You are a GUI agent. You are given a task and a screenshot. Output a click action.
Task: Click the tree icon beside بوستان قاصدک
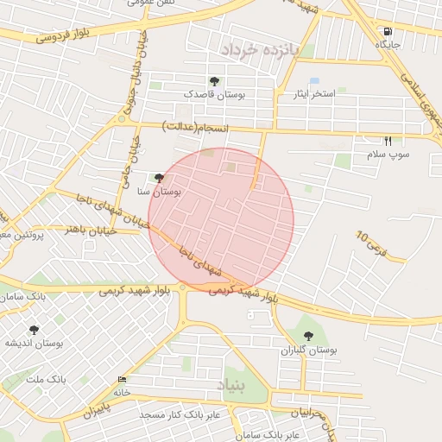coord(214,81)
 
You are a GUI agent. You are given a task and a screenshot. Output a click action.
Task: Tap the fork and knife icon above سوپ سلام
coord(388,141)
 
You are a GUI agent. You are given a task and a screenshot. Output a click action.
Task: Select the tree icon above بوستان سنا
coord(158,178)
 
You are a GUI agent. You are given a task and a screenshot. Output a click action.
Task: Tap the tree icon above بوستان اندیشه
coord(34,329)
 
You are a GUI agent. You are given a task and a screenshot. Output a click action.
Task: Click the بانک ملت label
coord(47,379)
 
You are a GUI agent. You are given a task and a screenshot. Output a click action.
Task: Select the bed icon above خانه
coord(121,380)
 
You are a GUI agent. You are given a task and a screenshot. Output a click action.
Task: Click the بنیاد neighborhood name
coord(233,384)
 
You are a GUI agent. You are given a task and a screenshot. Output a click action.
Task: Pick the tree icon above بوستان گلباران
coord(308,336)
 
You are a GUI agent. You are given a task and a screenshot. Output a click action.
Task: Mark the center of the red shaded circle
coord(222,219)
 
